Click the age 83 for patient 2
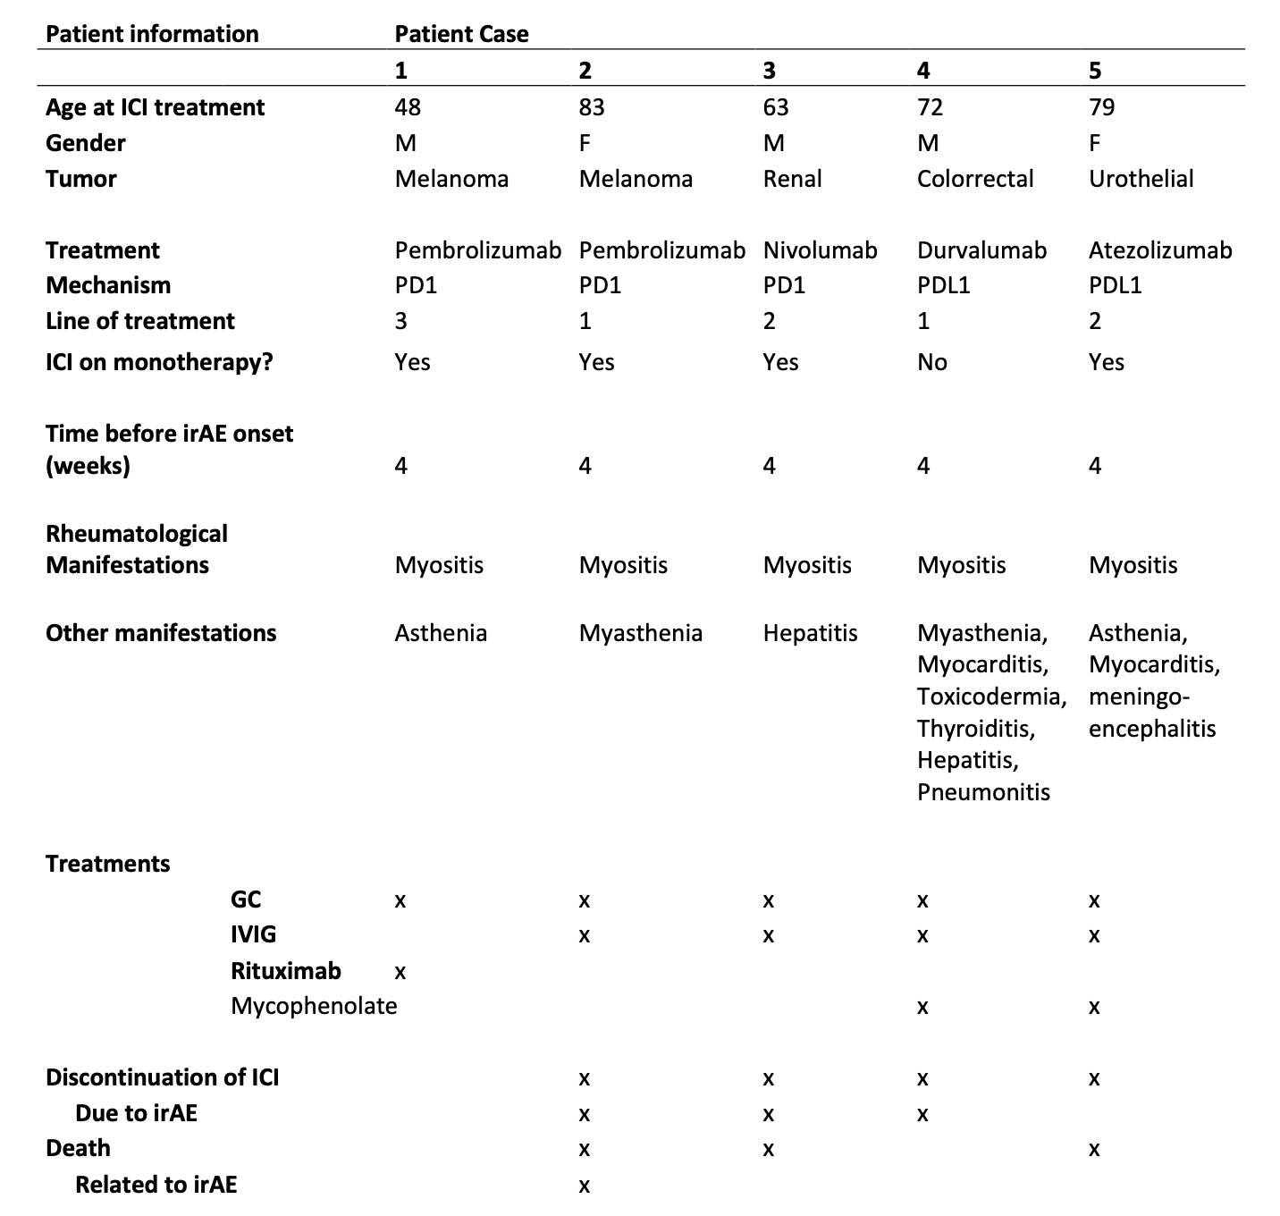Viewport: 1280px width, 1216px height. click(591, 107)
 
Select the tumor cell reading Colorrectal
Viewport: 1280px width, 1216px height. click(974, 179)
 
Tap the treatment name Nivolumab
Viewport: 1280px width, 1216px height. click(820, 250)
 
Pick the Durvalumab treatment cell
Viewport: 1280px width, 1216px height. click(981, 250)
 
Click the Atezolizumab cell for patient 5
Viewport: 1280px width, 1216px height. click(1159, 250)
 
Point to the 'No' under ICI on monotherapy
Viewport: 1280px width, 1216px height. click(931, 362)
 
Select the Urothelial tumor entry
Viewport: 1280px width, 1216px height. click(1141, 179)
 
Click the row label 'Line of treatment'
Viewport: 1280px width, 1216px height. click(140, 321)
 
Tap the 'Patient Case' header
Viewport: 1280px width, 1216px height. click(461, 34)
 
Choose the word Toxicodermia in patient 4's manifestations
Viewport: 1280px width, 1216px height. click(991, 697)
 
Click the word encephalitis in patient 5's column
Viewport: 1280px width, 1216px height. click(1151, 729)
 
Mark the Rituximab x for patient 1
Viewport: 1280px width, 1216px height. click(400, 971)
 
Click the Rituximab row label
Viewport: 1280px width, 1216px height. click(285, 971)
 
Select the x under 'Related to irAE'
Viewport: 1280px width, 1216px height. click(584, 1186)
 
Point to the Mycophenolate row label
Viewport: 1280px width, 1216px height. click(313, 1006)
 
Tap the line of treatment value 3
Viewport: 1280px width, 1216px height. click(401, 321)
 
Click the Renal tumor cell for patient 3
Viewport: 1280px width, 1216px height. click(792, 179)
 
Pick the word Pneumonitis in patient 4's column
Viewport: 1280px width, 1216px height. click(983, 792)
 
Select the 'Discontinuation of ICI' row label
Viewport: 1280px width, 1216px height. click(162, 1077)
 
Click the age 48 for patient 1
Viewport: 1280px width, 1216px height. click(408, 107)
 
